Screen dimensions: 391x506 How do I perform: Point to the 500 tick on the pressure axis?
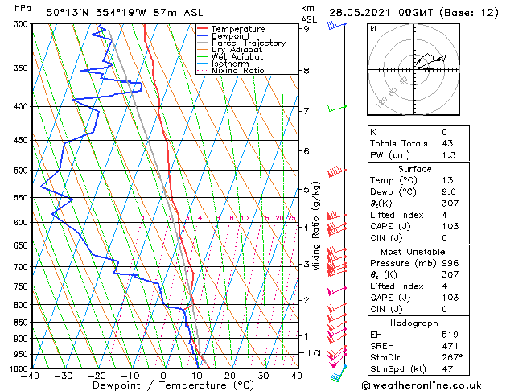[x=21, y=171]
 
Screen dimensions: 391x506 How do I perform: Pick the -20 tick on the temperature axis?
[x=97, y=375]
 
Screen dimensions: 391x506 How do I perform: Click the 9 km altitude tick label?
[x=306, y=29]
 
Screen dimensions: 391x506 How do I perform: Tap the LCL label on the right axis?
[x=315, y=353]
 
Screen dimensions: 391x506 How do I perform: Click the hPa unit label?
[x=23, y=8]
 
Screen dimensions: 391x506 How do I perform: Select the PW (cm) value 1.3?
[x=446, y=155]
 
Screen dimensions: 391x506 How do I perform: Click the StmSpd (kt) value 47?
[x=446, y=368]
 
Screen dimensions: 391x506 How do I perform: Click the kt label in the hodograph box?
[x=373, y=28]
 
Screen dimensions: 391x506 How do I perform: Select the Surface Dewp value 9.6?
[x=446, y=192]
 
